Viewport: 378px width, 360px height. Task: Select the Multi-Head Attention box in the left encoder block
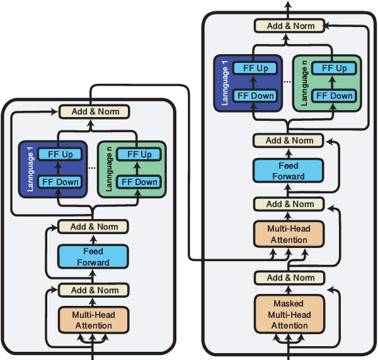93,320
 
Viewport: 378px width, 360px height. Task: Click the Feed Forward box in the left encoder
93,257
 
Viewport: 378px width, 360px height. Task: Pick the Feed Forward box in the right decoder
289,171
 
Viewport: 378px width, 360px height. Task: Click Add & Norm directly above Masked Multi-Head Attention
290,278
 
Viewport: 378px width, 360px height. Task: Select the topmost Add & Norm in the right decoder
290,26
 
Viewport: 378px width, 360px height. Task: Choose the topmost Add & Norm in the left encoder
94,112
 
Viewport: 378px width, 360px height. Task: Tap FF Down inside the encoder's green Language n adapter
139,182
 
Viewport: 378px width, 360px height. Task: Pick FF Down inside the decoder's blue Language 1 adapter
255,96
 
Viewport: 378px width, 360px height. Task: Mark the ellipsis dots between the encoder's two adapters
92,168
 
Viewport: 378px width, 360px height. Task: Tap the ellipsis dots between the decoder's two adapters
287,82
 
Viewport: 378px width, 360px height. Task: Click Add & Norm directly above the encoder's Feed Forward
93,227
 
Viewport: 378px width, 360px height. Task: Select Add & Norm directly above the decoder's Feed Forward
290,140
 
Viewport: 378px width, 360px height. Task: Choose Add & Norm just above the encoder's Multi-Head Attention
93,290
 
